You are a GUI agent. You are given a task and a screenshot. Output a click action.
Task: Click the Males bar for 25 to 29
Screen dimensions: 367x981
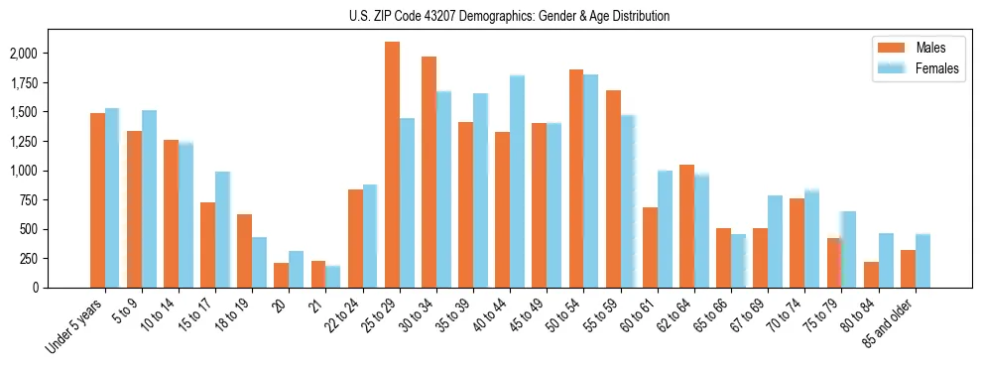click(x=392, y=165)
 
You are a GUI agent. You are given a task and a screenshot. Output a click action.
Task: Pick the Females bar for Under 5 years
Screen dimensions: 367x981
click(x=112, y=197)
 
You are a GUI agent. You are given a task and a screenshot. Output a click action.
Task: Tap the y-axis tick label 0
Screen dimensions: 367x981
click(x=63, y=288)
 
